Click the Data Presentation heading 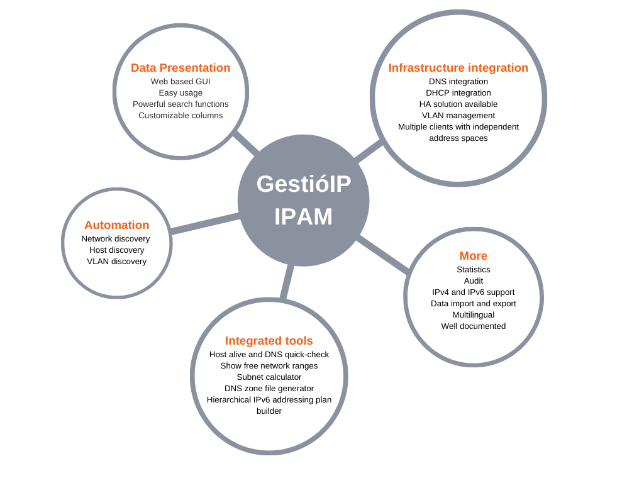tap(180, 68)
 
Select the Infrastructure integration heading tap(458, 68)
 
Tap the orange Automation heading tap(116, 225)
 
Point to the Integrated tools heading tap(269, 341)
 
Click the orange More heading tap(473, 256)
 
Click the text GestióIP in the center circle tap(304, 184)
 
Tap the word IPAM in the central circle tap(303, 216)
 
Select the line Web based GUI tap(180, 81)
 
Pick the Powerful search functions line tap(180, 104)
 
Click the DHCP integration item tap(458, 93)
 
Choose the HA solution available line tap(458, 104)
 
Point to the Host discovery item tap(116, 250)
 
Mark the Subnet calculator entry tap(269, 377)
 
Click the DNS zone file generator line tap(269, 389)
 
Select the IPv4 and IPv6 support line tap(473, 292)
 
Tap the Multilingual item tap(473, 315)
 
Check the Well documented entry tap(473, 326)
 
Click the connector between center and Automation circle tap(204, 223)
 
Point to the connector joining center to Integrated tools tap(287, 282)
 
